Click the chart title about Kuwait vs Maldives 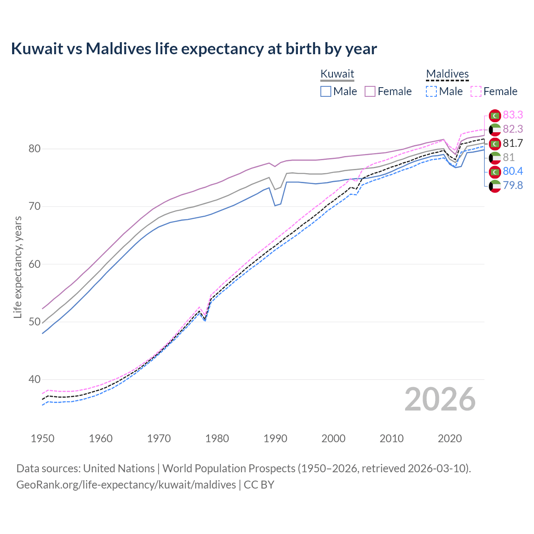pos(194,49)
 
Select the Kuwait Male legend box pos(326,91)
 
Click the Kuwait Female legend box pos(370,91)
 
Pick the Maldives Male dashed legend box pos(431,91)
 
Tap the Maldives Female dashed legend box pos(476,91)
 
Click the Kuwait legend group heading pos(337,74)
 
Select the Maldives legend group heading pos(447,74)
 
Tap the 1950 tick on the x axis pos(43,438)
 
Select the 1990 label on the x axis pos(275,438)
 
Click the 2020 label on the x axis pos(450,438)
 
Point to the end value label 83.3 pos(513,115)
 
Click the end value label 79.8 pos(513,185)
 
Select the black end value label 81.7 pos(513,143)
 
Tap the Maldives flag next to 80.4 pos(495,171)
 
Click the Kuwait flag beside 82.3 pos(495,129)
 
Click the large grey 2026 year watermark pos(440,399)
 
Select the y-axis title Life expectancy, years pos(18,267)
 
